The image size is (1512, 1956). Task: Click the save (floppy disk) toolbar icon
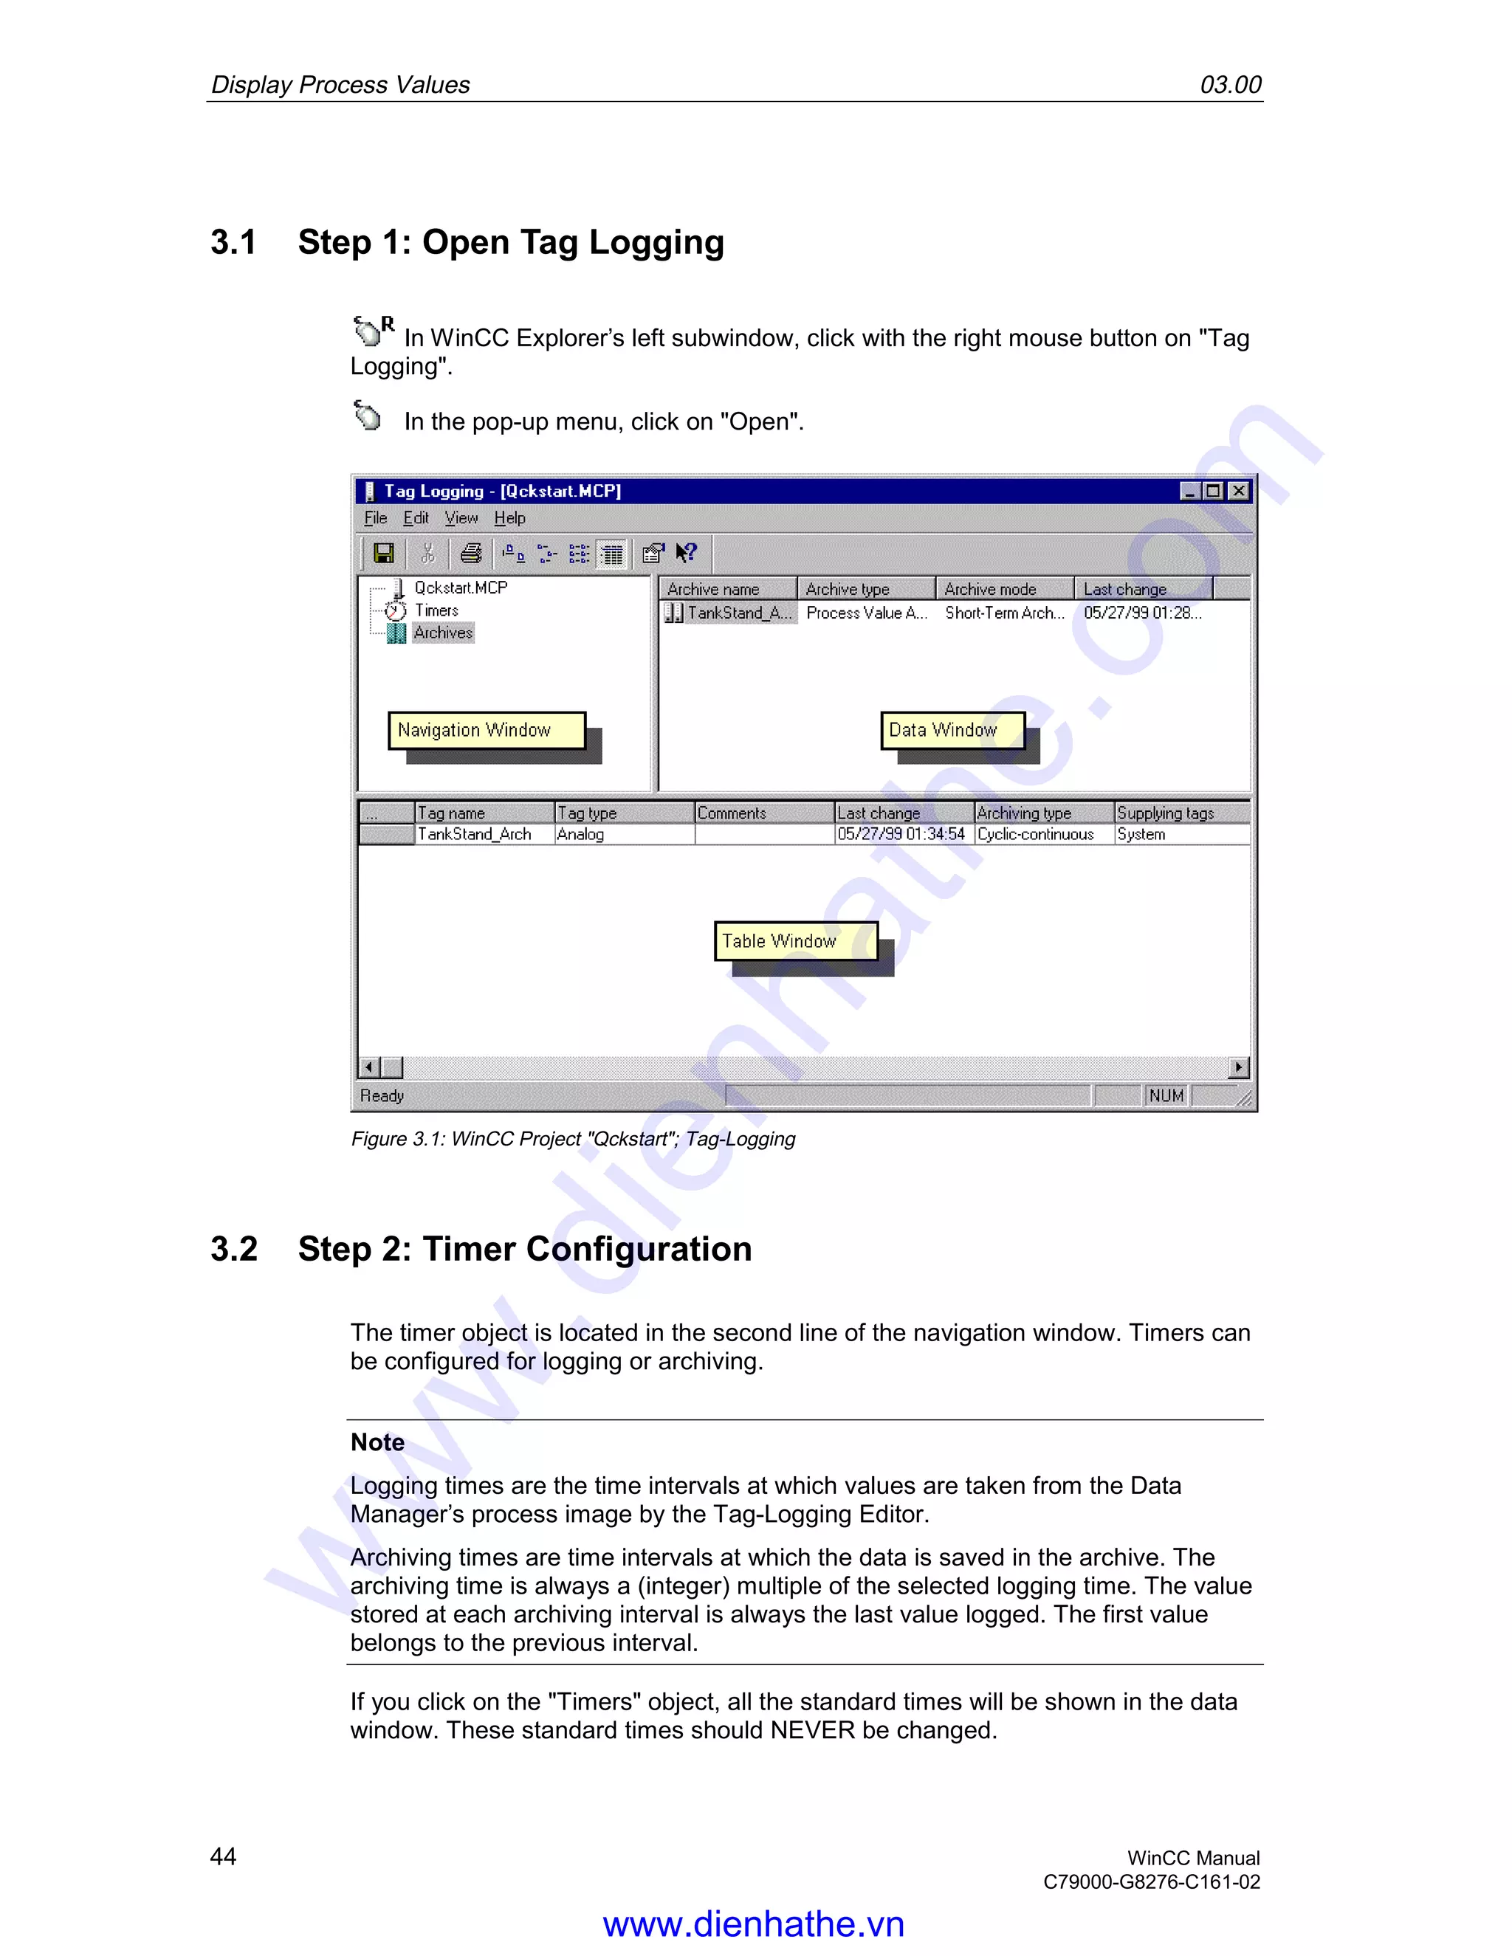point(383,554)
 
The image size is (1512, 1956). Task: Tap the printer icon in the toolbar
point(470,554)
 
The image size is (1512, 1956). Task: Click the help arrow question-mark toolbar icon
point(686,554)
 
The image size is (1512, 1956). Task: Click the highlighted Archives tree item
point(442,633)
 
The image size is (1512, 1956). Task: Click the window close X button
point(1239,491)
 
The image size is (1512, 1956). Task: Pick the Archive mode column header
point(990,588)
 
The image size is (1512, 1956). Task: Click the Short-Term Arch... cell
point(1004,613)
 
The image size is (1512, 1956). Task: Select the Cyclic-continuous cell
point(1036,834)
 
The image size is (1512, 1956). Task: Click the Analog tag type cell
point(580,834)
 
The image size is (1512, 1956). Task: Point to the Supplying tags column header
point(1165,813)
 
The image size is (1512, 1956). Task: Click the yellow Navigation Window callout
point(486,730)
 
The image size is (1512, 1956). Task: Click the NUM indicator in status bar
point(1166,1095)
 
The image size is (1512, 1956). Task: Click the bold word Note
point(377,1442)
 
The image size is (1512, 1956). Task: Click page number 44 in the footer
point(223,1856)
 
